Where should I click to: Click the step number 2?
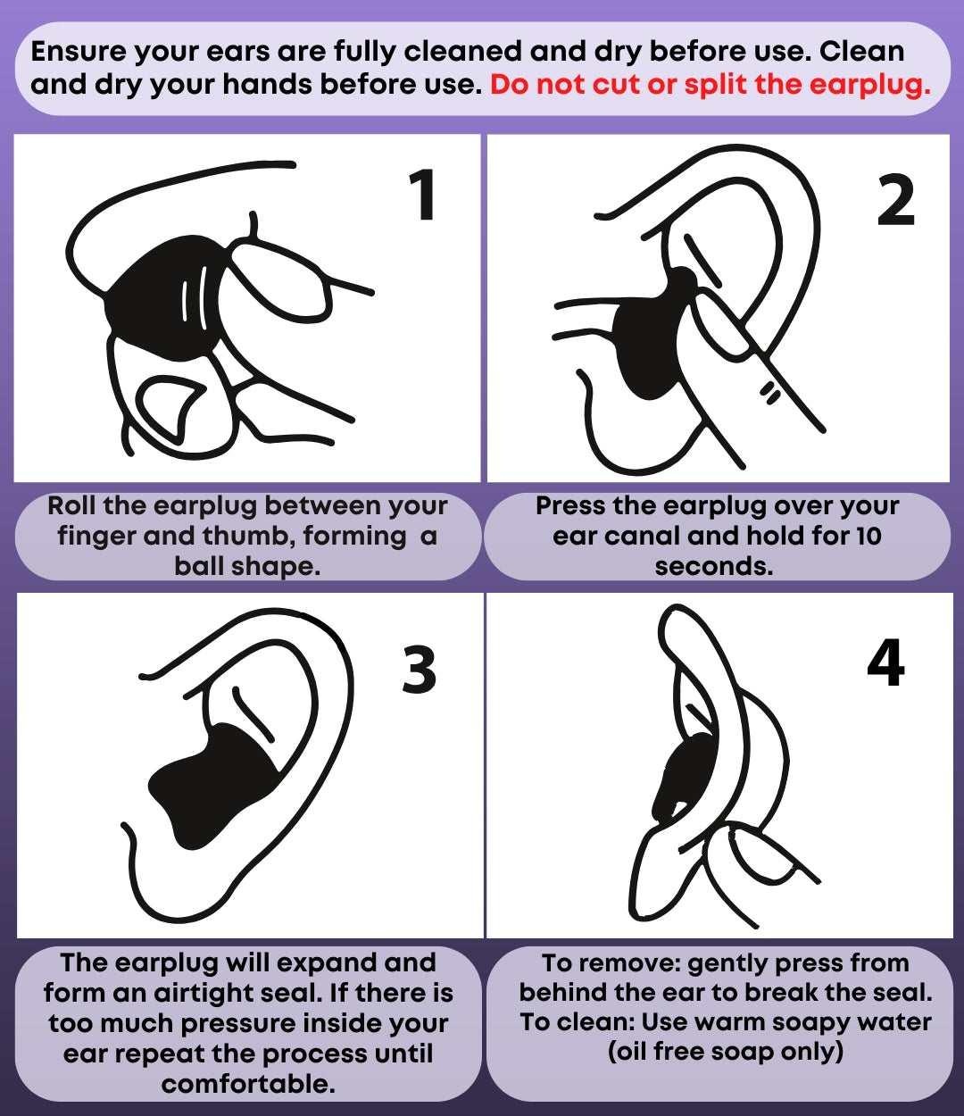click(x=895, y=201)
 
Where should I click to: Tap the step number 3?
click(x=419, y=670)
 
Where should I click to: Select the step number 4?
click(x=885, y=662)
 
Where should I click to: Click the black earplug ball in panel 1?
click(x=162, y=295)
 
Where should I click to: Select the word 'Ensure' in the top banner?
click(x=79, y=52)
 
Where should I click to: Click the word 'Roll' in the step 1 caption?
click(x=71, y=506)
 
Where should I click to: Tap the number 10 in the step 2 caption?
click(x=867, y=537)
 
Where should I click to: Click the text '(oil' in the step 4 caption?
click(x=627, y=1051)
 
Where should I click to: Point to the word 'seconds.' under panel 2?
click(x=714, y=566)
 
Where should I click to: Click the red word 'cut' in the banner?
click(x=615, y=85)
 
